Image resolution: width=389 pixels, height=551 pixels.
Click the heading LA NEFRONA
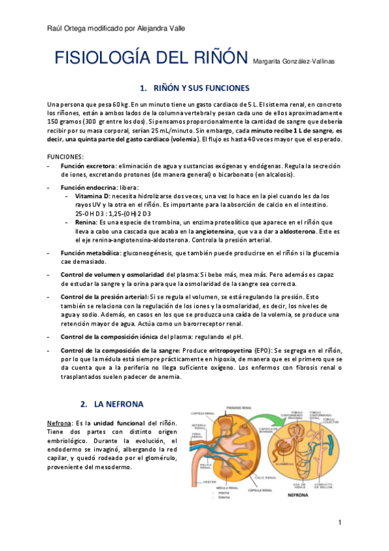tap(123, 404)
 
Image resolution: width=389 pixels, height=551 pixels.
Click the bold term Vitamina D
tap(93, 196)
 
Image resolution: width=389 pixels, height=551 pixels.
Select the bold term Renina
tap(86, 222)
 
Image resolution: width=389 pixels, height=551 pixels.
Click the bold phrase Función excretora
tap(87, 166)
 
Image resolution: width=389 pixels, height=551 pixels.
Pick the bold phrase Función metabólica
tap(90, 251)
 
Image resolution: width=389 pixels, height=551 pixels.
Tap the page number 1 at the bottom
tap(340, 523)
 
